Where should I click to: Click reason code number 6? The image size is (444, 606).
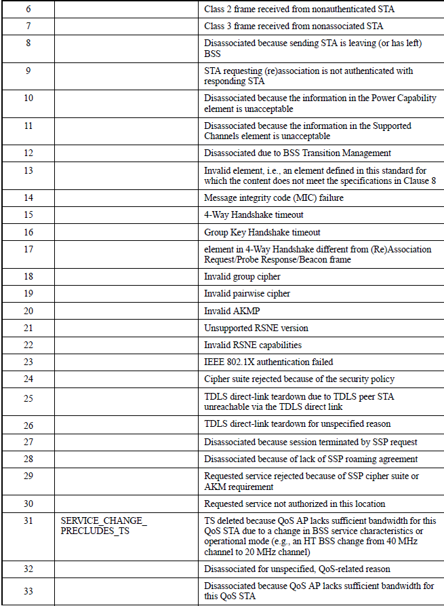[x=28, y=10]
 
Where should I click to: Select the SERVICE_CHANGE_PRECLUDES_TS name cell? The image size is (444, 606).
[x=104, y=526]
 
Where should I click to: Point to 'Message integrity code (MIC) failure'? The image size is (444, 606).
[x=273, y=197]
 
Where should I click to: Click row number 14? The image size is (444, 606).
[x=28, y=197]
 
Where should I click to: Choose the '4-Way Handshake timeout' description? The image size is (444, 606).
[x=254, y=214]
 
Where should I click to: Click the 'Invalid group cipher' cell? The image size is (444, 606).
[x=242, y=277]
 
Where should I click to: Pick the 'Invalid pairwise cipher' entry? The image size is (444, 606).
[x=247, y=294]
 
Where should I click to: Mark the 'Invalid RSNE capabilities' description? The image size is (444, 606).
[x=253, y=345]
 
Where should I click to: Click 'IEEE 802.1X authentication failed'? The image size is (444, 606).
[x=268, y=362]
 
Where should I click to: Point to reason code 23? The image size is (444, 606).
[x=28, y=362]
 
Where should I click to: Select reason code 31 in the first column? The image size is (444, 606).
[x=28, y=521]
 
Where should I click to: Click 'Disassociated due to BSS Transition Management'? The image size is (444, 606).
[x=298, y=153]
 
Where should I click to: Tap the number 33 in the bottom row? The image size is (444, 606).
[x=28, y=591]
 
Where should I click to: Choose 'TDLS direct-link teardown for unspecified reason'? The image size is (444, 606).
[x=298, y=424]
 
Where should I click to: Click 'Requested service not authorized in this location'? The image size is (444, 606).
[x=295, y=504]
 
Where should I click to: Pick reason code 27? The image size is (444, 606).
[x=28, y=441]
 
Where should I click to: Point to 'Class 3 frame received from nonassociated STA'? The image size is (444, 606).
[x=294, y=26]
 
